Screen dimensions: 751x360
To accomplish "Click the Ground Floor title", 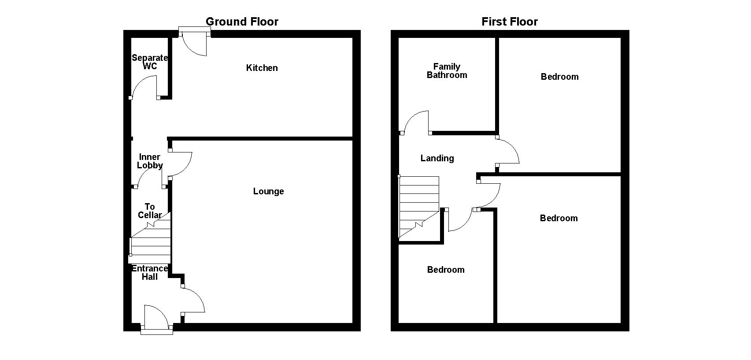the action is [x=242, y=22].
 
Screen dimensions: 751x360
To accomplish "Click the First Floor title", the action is [x=510, y=22].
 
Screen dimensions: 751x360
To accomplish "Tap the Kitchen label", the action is [x=262, y=68].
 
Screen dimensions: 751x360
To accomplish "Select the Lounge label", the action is [x=268, y=191].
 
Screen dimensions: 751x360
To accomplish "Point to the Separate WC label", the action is [x=149, y=62].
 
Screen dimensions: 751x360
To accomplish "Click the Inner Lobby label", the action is [x=149, y=161].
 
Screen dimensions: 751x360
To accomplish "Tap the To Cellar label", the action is [x=149, y=211].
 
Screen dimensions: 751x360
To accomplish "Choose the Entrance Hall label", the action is [x=149, y=272].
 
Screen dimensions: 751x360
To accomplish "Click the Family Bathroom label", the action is [x=447, y=71].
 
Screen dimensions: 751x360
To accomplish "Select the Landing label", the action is [x=437, y=158].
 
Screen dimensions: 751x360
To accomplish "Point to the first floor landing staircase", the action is [x=419, y=207].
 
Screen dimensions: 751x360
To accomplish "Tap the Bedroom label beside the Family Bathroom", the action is [x=559, y=77].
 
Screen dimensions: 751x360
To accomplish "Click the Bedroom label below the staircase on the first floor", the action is [x=446, y=270].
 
